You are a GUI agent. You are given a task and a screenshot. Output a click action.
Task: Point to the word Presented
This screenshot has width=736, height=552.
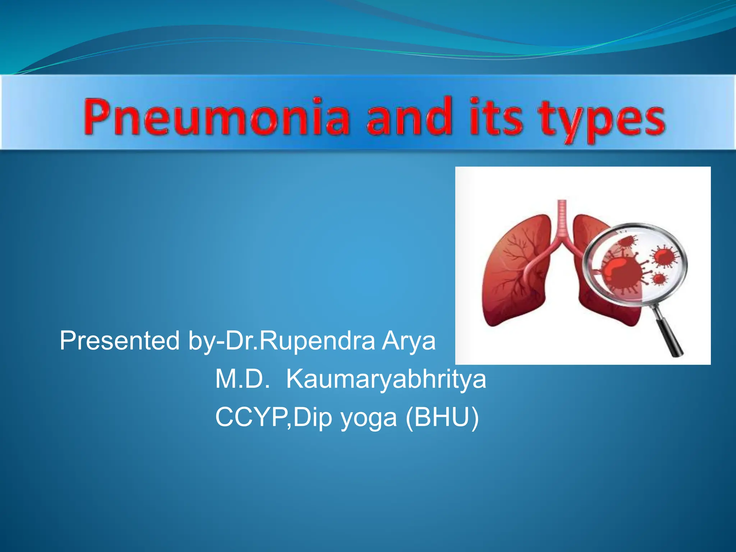[x=120, y=341]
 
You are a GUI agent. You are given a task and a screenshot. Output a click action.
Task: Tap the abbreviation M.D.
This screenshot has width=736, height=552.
[x=243, y=379]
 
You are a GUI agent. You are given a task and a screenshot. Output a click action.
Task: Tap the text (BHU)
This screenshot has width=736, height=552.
[x=442, y=418]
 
